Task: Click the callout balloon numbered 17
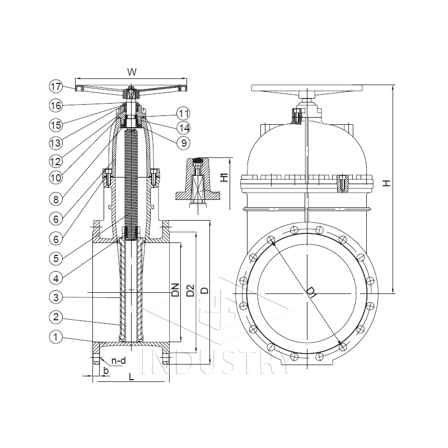55,87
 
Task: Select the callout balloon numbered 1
55,337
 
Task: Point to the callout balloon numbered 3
55,297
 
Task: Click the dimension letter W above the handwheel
132,72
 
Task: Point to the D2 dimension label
190,290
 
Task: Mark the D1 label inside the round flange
311,292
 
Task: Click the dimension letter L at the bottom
132,377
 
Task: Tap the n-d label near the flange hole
118,361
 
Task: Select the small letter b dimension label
104,371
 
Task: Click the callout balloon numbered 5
55,258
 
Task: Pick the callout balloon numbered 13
55,143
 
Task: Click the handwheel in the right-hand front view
307,89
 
